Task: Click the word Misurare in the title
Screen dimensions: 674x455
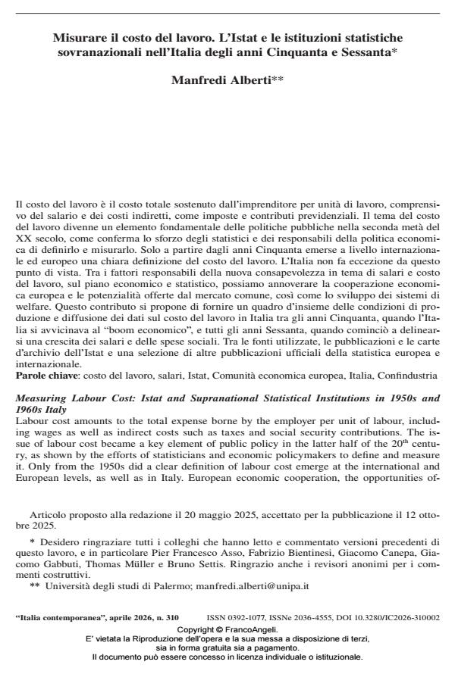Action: tap(78, 36)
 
